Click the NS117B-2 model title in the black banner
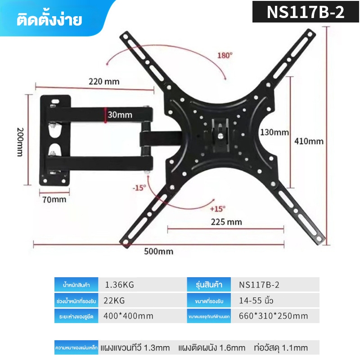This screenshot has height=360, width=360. tap(306, 12)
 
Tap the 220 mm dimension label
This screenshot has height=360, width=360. tap(104, 81)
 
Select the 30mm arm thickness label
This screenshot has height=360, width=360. tap(120, 115)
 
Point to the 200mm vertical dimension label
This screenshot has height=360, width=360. tap(20, 142)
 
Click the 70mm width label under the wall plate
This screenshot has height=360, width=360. tap(54, 199)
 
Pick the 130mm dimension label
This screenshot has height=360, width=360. tap(274, 132)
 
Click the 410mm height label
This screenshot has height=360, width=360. tap(309, 141)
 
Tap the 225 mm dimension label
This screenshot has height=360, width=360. tap(226, 222)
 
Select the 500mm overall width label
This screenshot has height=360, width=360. tap(159, 252)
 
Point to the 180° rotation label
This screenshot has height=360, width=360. tap(225, 55)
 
